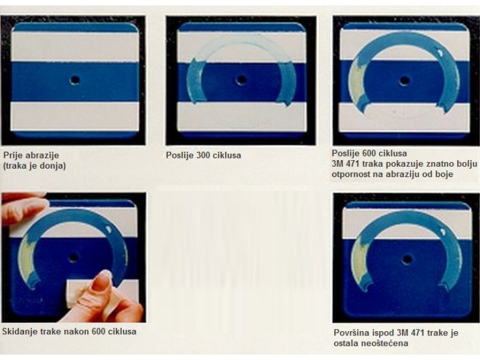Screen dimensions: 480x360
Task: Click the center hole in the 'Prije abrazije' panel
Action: click(74, 80)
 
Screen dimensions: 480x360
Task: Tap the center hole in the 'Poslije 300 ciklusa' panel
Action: click(241, 80)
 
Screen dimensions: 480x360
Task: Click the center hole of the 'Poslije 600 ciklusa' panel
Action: click(404, 81)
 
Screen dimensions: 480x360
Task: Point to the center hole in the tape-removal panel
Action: click(73, 257)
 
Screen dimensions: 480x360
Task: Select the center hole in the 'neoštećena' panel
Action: click(407, 260)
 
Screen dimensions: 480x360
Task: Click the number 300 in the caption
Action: click(202, 155)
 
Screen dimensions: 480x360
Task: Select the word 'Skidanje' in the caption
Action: click(17, 332)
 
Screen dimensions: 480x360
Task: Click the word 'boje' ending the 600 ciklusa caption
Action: click(444, 174)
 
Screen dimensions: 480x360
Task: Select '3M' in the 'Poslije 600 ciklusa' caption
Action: click(338, 164)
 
